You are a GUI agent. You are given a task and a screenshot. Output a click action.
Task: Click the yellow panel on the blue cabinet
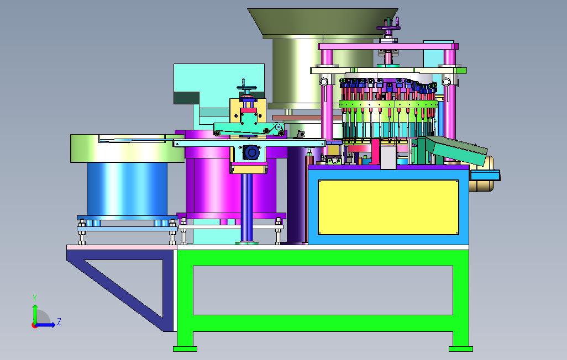[389, 208]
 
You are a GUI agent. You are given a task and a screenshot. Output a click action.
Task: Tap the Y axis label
[35, 298]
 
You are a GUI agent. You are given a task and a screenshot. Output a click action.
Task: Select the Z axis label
[59, 321]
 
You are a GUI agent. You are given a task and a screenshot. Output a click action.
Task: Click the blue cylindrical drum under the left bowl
[127, 189]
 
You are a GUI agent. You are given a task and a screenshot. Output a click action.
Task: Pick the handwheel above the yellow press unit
[247, 87]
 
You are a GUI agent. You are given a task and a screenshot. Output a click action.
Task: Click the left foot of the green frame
[185, 349]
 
